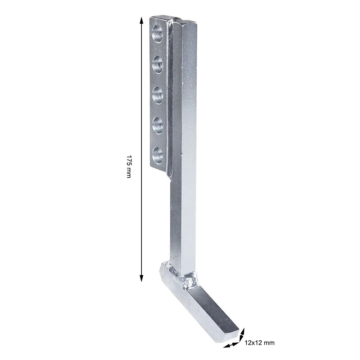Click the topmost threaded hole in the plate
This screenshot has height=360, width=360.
tap(158, 33)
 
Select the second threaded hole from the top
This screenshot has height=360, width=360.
tap(158, 64)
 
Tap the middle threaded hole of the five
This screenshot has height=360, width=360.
tap(158, 95)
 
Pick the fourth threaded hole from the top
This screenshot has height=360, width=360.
tap(158, 125)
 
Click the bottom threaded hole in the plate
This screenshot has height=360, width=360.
tap(158, 156)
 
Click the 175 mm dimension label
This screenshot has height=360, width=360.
tap(129, 166)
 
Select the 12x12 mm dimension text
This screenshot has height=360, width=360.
tap(260, 343)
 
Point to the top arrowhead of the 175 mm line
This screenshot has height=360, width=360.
tap(141, 21)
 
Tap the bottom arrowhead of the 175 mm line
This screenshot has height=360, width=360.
tap(141, 277)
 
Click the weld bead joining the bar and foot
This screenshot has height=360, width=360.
tap(188, 280)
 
